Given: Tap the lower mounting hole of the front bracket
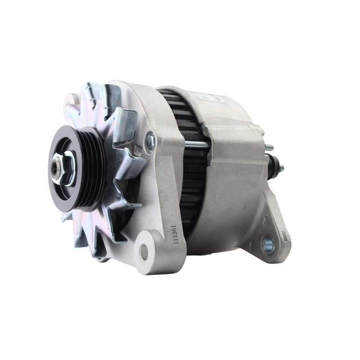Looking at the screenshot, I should (144, 252).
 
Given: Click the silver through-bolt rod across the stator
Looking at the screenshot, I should (197, 144).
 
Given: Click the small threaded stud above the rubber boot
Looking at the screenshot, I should (269, 147).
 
